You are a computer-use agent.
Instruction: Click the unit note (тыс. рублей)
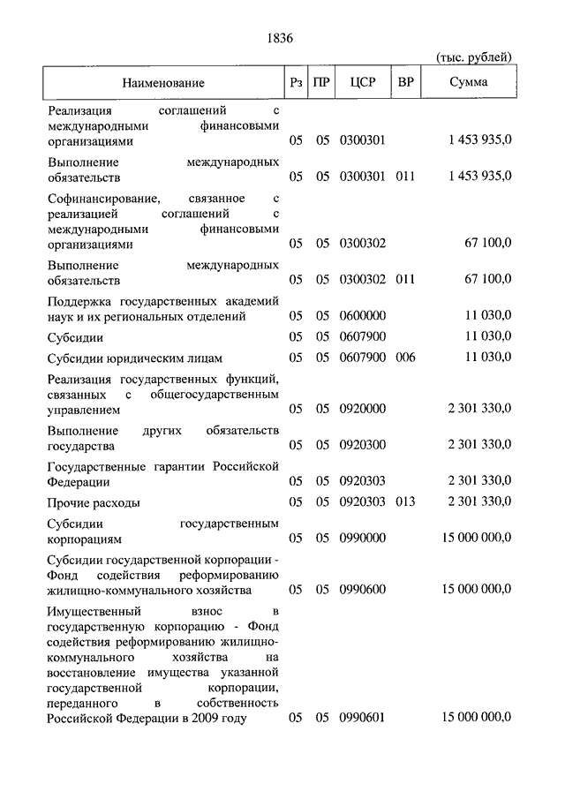(474, 57)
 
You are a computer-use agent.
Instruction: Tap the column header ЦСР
(363, 83)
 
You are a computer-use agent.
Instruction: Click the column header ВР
(407, 83)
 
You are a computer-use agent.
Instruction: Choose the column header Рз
(296, 83)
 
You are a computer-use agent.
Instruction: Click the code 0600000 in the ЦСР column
(362, 315)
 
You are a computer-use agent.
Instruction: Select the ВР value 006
(405, 358)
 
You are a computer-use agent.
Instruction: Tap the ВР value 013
(405, 501)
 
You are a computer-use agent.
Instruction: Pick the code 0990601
(362, 718)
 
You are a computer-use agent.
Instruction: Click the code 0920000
(362, 411)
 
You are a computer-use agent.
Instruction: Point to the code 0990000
(362, 538)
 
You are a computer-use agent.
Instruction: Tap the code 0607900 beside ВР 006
(362, 358)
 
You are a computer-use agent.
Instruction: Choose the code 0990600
(362, 589)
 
